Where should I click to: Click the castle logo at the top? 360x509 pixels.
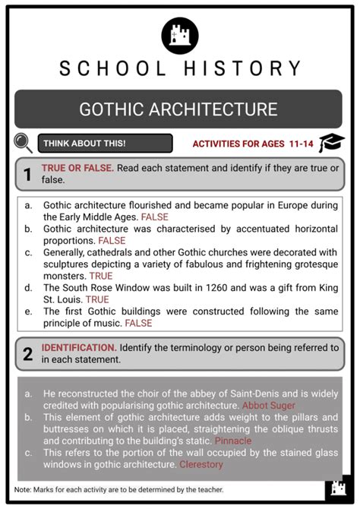(x=180, y=35)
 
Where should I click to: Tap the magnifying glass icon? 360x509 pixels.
(x=24, y=143)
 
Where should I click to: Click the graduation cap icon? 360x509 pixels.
(x=332, y=142)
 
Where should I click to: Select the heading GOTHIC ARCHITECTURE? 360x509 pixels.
(x=179, y=109)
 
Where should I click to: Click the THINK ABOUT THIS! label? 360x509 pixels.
(x=84, y=143)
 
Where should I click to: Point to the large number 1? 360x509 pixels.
(x=27, y=175)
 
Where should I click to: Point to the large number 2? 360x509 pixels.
(x=27, y=353)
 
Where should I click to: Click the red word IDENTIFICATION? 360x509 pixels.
(x=78, y=347)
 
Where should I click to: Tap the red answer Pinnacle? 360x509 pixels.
(x=232, y=441)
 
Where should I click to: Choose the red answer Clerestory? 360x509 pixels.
(x=201, y=464)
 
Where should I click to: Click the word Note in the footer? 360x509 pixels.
(x=23, y=490)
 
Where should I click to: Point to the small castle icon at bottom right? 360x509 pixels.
(x=338, y=488)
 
